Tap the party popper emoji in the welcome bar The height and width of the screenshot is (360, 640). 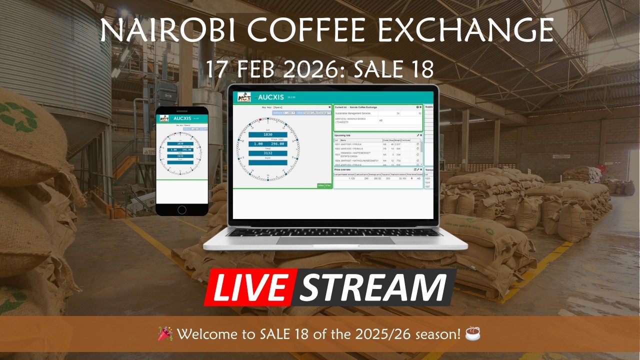pyautogui.click(x=165, y=333)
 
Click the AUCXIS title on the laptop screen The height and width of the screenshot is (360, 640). pyautogui.click(x=274, y=97)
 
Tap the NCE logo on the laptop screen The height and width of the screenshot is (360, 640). pyautogui.click(x=244, y=97)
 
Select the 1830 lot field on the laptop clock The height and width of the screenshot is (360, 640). pyautogui.click(x=268, y=134)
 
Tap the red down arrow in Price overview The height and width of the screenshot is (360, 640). pyautogui.click(x=411, y=178)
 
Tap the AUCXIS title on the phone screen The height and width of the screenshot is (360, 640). pyautogui.click(x=182, y=119)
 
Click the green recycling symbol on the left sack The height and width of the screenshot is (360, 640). pyautogui.click(x=18, y=118)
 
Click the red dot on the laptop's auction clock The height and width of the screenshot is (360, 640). pyautogui.click(x=260, y=119)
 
